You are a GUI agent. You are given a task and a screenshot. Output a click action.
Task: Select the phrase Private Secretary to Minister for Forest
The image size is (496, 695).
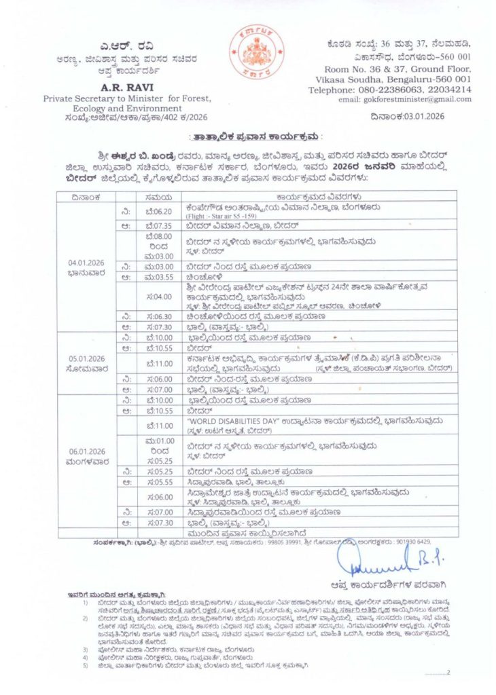pyautogui.click(x=128, y=98)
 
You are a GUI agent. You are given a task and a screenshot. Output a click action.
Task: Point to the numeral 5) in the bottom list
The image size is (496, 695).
pyautogui.click(x=85, y=665)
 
